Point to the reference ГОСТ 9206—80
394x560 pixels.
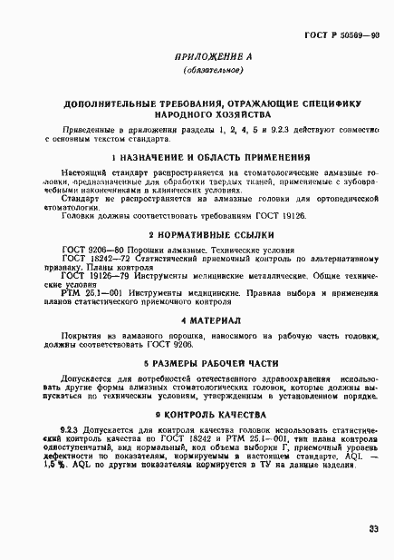(x=88, y=250)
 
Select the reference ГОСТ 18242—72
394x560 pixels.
(x=90, y=259)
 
